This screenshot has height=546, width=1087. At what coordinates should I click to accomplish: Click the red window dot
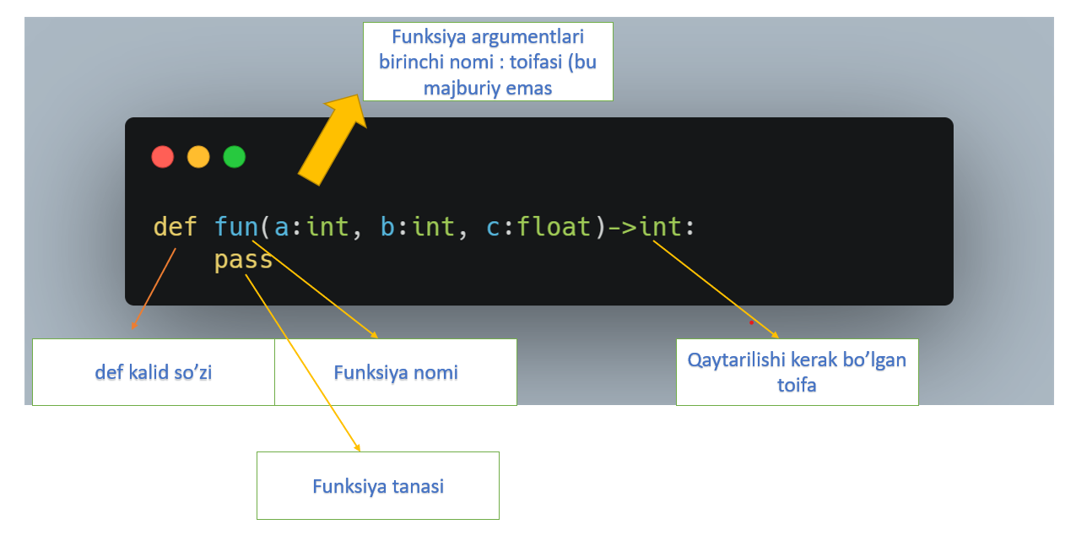(x=162, y=157)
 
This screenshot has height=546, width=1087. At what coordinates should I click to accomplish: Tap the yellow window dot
(x=198, y=157)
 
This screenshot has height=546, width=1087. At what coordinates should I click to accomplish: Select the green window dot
(x=234, y=157)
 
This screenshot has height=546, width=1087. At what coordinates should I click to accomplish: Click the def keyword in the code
(x=175, y=227)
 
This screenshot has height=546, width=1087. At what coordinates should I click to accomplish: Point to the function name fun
(x=235, y=227)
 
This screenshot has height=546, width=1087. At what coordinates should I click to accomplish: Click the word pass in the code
(x=243, y=260)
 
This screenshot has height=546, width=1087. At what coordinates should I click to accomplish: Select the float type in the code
(x=554, y=227)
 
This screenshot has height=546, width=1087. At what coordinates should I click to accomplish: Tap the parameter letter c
(x=494, y=228)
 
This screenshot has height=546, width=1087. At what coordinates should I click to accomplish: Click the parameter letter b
(x=388, y=227)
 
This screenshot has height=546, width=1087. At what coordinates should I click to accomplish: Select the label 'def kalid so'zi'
(x=153, y=372)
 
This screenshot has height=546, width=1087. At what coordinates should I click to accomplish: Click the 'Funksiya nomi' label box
(x=396, y=372)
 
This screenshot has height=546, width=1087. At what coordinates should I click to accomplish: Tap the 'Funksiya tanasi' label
(x=378, y=486)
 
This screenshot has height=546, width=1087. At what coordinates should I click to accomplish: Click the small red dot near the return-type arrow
(x=751, y=322)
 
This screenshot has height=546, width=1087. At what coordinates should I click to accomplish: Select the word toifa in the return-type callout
(x=797, y=385)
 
